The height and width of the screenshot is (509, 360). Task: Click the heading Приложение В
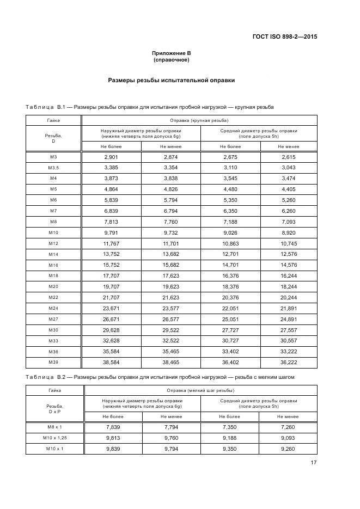click(x=171, y=53)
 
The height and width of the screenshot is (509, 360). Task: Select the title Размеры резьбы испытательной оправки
click(x=171, y=80)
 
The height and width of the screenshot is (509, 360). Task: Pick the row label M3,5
click(x=53, y=168)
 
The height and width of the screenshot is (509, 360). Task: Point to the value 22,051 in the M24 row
click(x=231, y=308)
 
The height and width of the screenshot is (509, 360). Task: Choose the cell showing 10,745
click(x=289, y=243)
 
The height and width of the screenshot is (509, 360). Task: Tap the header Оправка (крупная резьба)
click(x=199, y=120)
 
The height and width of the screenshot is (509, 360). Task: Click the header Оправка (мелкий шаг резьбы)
click(x=199, y=390)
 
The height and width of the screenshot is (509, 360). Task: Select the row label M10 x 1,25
click(x=53, y=438)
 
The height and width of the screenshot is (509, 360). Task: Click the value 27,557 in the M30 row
click(x=289, y=329)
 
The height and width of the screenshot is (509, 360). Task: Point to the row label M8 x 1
click(x=53, y=427)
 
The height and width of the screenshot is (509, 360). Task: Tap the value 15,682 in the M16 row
click(x=171, y=265)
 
